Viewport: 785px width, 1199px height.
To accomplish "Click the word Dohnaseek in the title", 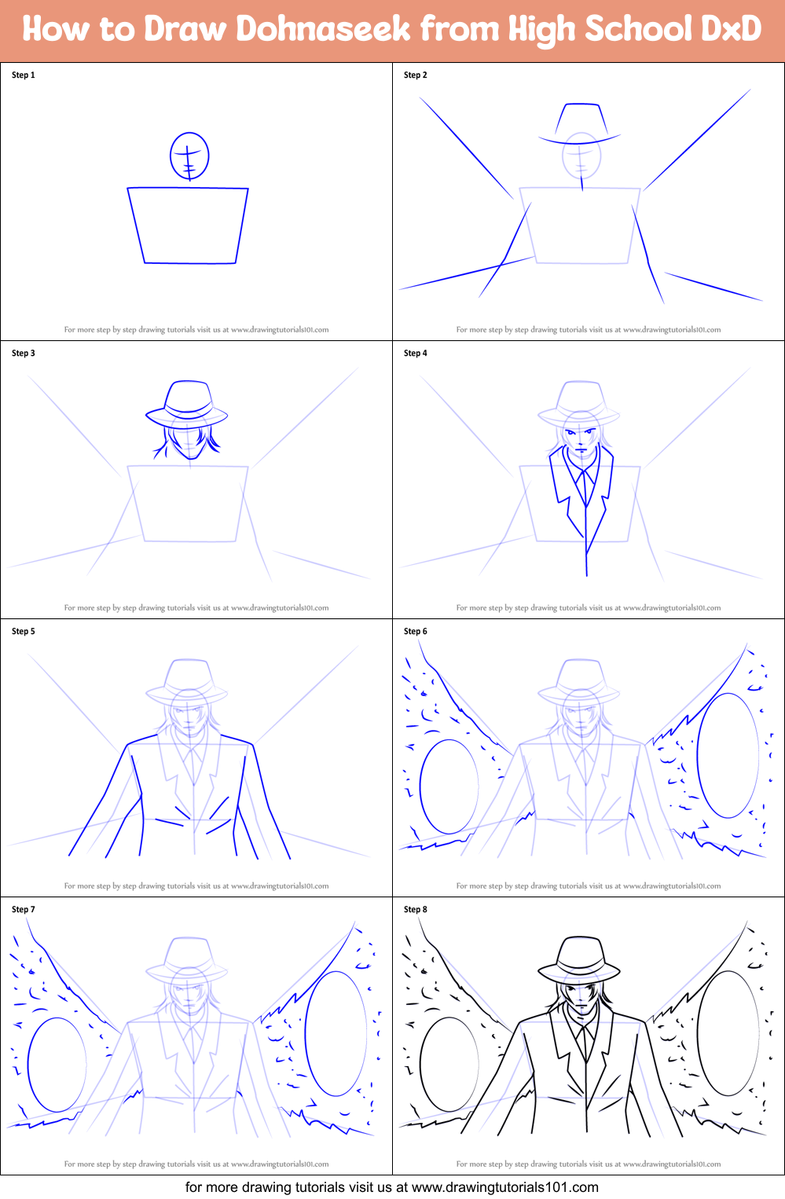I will coord(323,29).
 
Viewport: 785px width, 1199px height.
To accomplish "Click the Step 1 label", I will coord(24,75).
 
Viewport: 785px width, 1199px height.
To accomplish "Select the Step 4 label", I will coord(416,354).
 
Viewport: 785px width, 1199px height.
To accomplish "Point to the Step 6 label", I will coord(416,632).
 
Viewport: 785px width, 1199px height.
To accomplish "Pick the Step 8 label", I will coord(416,910).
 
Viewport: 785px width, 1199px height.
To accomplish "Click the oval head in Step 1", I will coord(189,156).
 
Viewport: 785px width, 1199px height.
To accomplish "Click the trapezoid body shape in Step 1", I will coord(189,225).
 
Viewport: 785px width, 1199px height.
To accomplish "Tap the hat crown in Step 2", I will coord(581,119).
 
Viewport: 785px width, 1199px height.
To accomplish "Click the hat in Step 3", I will coord(188,401).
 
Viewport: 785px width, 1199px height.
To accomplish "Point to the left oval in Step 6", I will coord(449,786).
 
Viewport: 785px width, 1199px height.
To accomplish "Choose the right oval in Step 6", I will coord(728,755).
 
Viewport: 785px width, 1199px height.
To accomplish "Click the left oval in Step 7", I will coord(57,1065).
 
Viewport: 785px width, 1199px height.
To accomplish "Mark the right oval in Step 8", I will coord(728,1033).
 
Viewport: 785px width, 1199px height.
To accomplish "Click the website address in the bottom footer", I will coord(505,1187).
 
